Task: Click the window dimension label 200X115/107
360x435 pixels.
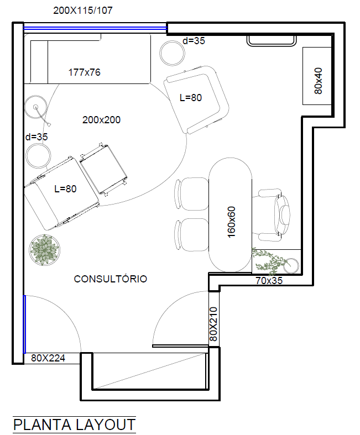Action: [83, 11]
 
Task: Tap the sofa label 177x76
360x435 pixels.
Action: [85, 72]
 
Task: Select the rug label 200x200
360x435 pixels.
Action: [101, 120]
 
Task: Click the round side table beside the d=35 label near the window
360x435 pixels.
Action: [173, 53]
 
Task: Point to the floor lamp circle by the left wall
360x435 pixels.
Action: [35, 107]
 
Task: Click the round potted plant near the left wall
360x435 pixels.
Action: [44, 250]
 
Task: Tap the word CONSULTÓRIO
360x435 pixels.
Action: [111, 279]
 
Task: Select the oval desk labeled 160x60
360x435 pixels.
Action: [230, 214]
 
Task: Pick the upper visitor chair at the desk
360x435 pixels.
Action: [192, 193]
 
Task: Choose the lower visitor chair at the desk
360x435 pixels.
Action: [192, 235]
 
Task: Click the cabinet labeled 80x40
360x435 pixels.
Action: [317, 76]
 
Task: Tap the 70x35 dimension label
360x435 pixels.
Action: [269, 281]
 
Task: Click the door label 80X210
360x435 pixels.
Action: [213, 324]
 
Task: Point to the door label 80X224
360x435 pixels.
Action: [48, 358]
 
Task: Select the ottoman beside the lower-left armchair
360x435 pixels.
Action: [103, 170]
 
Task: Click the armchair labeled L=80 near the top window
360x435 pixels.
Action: [196, 100]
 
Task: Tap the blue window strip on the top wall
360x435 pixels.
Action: [95, 28]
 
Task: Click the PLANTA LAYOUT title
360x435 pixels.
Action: [74, 424]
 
